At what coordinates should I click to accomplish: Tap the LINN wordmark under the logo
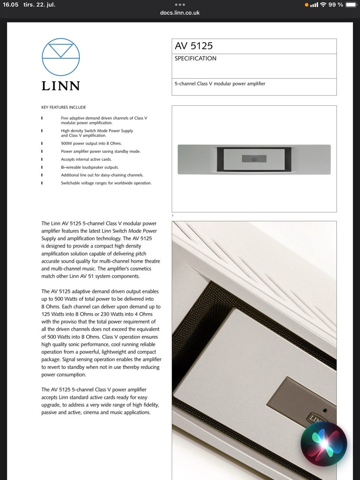[x=61, y=86]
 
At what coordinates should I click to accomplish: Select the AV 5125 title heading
[x=193, y=46]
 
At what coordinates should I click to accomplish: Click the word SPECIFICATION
[x=195, y=58]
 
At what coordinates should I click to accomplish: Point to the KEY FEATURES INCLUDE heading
[x=63, y=107]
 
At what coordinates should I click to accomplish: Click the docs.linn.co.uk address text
[x=180, y=13]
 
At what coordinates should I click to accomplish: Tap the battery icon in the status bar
[x=351, y=5]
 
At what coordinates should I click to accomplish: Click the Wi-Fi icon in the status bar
[x=323, y=5]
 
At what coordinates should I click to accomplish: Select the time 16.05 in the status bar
[x=10, y=5]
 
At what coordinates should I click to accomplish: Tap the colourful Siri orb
[x=324, y=444]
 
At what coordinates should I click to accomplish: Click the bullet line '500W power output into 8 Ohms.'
[x=91, y=143]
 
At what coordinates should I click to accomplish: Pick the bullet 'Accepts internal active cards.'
[x=86, y=159]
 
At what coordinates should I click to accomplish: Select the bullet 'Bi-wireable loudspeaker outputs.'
[x=90, y=167]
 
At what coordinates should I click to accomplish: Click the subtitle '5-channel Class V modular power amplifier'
[x=220, y=84]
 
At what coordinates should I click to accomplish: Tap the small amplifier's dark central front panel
[x=254, y=159]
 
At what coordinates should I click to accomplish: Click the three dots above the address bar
[x=180, y=5]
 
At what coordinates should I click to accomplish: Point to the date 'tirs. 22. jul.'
[x=39, y=5]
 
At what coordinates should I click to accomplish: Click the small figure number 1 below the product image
[x=172, y=216]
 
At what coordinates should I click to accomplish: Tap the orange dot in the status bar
[x=306, y=5]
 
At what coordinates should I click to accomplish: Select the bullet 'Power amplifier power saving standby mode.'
[x=100, y=151]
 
